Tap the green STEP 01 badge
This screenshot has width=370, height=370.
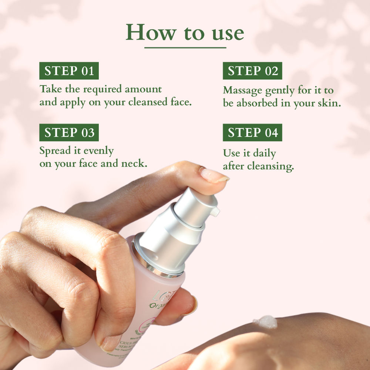tap(69, 71)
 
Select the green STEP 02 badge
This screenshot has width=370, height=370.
tap(252, 71)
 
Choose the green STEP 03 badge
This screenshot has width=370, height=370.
tap(69, 132)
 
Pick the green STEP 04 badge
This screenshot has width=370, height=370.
tap(252, 132)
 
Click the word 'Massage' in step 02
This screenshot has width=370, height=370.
tap(243, 90)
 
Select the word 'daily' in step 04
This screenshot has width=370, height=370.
tap(264, 153)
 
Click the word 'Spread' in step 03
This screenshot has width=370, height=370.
tap(55, 151)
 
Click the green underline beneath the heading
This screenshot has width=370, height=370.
tap(185, 47)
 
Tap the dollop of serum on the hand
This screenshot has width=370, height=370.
tap(265, 322)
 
